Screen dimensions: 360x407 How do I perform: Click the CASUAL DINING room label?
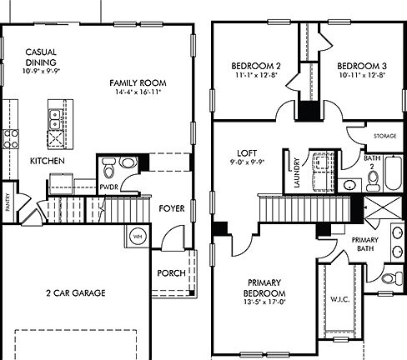[x=40, y=56]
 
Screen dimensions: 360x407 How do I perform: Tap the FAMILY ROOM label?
[x=139, y=82]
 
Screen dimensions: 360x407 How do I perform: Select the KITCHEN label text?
[x=48, y=159]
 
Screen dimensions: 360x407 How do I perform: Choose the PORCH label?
[x=171, y=273]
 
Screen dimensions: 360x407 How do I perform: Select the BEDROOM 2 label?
[x=254, y=67]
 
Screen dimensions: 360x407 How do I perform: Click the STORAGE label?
[x=384, y=134]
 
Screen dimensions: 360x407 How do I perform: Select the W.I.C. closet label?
[x=340, y=299]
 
